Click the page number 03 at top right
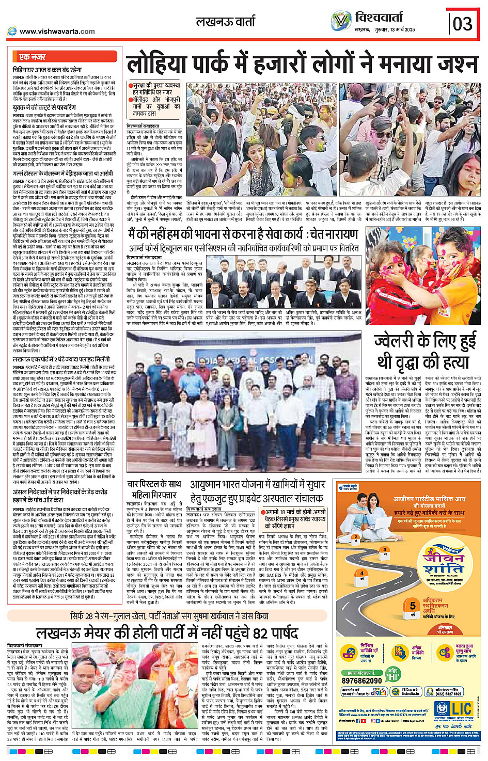pyautogui.click(x=463, y=24)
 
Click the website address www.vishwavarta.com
pyautogui.click(x=57, y=31)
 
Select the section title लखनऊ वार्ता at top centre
pyautogui.click(x=225, y=22)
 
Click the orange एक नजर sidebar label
pyautogui.click(x=33, y=57)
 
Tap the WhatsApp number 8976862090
pyautogui.click(x=362, y=680)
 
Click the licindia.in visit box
pyautogui.click(x=411, y=692)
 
